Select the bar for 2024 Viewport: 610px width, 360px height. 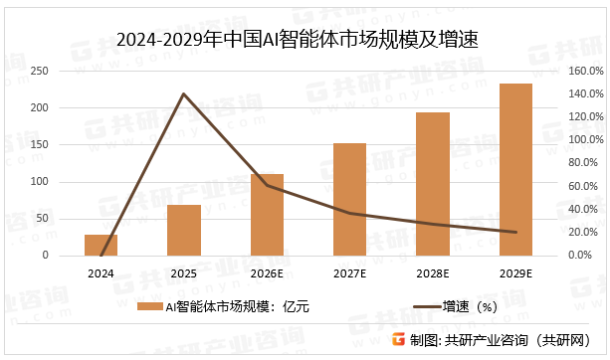pyautogui.click(x=101, y=245)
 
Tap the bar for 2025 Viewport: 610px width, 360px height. pyautogui.click(x=184, y=230)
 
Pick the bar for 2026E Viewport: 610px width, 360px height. pyautogui.click(x=267, y=215)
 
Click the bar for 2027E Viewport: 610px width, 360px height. pyautogui.click(x=349, y=199)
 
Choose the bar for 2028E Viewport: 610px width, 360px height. pyautogui.click(x=433, y=184)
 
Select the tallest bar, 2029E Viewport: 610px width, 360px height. pyautogui.click(x=515, y=169)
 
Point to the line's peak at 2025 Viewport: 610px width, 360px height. pyautogui.click(x=184, y=93)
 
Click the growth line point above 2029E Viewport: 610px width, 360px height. pyautogui.click(x=515, y=232)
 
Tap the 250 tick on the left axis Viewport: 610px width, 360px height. pyautogui.click(x=41, y=72)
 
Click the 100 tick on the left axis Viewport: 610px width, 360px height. pyautogui.click(x=41, y=182)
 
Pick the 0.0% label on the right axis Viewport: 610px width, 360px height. pyautogui.click(x=583, y=256)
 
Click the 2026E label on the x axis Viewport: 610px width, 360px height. pyautogui.click(x=267, y=272)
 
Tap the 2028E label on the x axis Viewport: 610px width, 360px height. pyautogui.click(x=433, y=272)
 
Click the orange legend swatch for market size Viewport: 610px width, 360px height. pyautogui.click(x=148, y=307)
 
